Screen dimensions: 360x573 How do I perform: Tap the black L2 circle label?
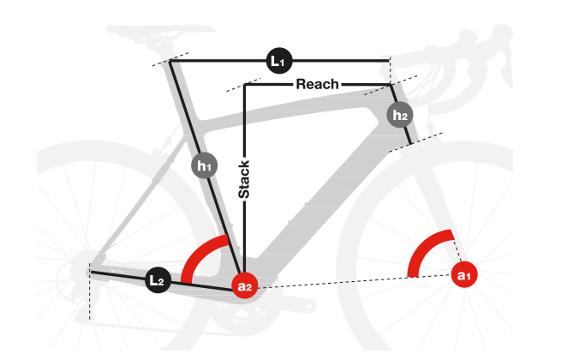pos(158,280)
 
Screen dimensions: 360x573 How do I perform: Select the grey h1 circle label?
pos(203,165)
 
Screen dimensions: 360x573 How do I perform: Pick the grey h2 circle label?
pos(399,114)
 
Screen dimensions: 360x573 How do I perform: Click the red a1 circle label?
pos(464,275)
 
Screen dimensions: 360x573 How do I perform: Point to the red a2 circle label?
pos(245,285)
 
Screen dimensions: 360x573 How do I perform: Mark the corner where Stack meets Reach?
pos(245,84)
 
